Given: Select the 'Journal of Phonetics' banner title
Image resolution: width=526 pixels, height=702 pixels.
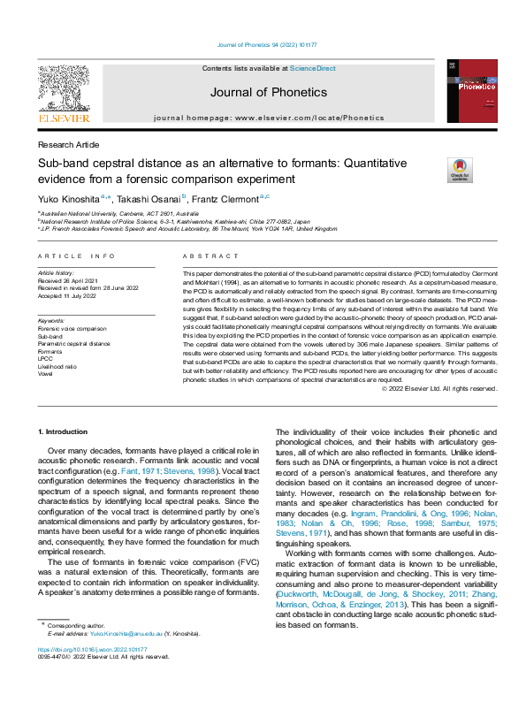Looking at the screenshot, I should tap(268, 92).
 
